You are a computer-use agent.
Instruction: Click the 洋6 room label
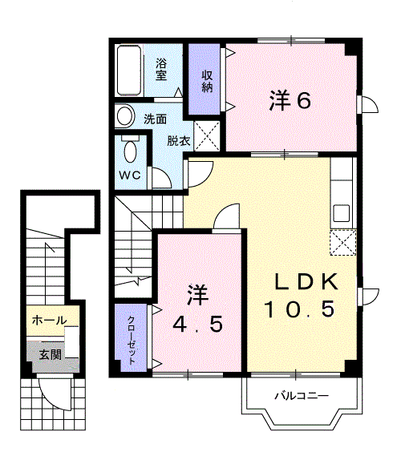pyautogui.click(x=290, y=101)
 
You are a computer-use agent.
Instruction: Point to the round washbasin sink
pyautogui.click(x=125, y=118)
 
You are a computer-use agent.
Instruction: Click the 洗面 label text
pyautogui.click(x=155, y=119)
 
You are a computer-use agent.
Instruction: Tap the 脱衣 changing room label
pyautogui.click(x=179, y=141)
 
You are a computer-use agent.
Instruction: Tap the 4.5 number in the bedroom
pyautogui.click(x=196, y=324)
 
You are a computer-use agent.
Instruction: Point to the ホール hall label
pyautogui.click(x=49, y=321)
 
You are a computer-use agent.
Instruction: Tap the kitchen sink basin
pyautogui.click(x=342, y=215)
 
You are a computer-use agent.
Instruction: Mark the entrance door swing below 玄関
pyautogui.click(x=55, y=392)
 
